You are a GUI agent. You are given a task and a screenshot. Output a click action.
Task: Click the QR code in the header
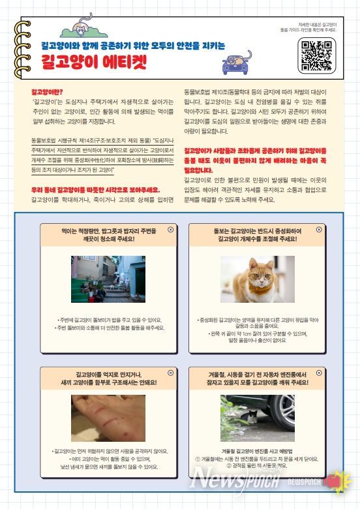[317, 55]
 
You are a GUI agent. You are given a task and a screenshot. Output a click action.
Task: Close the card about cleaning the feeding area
[171, 230]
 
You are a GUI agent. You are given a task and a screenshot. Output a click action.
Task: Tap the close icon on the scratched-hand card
[171, 373]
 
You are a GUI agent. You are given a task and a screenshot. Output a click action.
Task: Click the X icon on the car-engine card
[319, 373]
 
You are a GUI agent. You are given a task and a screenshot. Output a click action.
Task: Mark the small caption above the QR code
[316, 27]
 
